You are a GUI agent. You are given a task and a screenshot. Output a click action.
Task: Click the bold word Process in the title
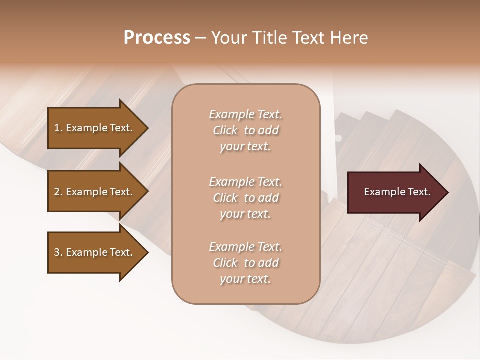157,38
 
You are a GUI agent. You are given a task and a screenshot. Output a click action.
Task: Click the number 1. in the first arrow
58,128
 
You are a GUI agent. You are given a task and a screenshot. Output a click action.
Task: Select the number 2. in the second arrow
58,192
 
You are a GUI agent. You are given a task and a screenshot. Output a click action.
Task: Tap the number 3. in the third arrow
58,252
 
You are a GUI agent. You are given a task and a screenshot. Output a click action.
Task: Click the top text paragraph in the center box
245,130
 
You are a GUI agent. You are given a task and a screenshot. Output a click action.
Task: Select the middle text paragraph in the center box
245,198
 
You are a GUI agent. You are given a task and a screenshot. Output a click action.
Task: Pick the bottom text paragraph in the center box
245,263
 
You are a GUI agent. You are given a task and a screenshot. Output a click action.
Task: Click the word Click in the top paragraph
225,130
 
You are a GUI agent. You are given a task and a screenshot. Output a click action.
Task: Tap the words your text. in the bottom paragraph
245,279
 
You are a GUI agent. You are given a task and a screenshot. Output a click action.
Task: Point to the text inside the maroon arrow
397,192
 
